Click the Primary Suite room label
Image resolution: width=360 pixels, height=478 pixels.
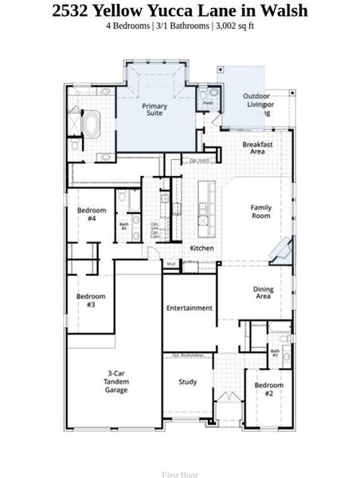pos(155,110)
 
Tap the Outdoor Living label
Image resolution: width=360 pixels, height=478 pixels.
pos(258,100)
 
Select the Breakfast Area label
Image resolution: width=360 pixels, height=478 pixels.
pos(257,148)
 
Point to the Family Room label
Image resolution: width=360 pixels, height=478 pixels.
pos(261,211)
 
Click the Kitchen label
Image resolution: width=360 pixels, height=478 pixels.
pos(202,249)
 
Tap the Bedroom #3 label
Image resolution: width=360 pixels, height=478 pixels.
pos(90,300)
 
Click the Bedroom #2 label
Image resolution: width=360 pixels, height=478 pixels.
pos(269,389)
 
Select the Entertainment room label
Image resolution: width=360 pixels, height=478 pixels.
pos(190,308)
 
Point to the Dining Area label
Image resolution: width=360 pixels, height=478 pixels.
pos(263,293)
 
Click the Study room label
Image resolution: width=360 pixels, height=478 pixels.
pos(188,382)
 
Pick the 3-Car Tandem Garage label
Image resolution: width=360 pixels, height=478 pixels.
pos(116,382)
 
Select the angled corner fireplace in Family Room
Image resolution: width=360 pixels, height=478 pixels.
pos(280,249)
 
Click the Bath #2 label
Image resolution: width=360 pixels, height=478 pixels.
pos(275,352)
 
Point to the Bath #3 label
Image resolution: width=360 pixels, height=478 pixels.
pos(124,226)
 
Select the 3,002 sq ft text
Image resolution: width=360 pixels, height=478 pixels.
pos(234,25)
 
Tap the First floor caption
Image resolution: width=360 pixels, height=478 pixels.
pos(180,474)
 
